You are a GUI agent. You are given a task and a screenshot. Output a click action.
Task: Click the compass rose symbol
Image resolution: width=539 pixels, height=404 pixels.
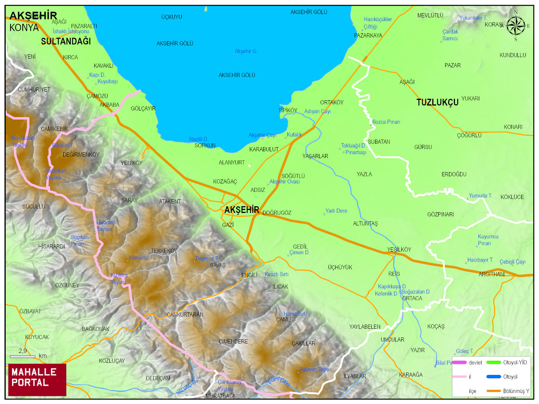[x=516, y=26]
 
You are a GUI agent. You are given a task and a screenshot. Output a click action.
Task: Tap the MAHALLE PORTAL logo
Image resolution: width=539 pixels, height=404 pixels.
[x=37, y=379]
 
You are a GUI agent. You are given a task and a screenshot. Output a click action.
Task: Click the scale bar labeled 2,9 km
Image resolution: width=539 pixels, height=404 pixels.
[x=22, y=356]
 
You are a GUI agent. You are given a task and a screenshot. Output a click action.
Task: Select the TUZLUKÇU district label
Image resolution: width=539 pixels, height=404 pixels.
[x=437, y=103]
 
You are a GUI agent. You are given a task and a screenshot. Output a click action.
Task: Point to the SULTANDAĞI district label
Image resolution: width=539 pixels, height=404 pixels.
[x=66, y=41]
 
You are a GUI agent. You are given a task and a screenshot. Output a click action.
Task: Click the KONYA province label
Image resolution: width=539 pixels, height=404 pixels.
[x=24, y=28]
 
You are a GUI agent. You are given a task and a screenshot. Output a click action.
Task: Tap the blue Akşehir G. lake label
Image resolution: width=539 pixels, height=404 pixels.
[x=246, y=51]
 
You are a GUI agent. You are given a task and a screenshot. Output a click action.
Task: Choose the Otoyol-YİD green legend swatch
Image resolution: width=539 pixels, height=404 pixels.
[x=494, y=362]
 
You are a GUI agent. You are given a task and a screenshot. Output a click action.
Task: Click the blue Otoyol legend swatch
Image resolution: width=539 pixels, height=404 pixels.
[x=494, y=377]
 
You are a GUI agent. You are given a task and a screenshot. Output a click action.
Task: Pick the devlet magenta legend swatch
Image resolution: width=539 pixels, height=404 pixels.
[x=459, y=362]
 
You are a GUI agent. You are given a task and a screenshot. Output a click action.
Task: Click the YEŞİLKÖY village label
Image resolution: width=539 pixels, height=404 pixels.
[x=399, y=250]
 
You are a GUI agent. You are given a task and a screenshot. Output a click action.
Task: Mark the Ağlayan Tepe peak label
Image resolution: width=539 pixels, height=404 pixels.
[x=314, y=369]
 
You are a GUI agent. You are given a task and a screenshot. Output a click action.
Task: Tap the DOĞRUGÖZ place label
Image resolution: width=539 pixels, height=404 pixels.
[x=277, y=213]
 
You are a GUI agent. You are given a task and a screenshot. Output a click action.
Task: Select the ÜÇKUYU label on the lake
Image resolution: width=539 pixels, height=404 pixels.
[x=171, y=17]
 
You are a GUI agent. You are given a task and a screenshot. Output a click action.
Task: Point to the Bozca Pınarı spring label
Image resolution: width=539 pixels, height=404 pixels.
[x=386, y=122]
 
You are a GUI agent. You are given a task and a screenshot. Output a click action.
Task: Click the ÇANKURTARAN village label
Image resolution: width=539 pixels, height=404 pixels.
[x=185, y=315]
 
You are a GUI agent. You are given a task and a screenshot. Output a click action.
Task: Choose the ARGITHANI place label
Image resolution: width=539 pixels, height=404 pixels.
[x=492, y=274]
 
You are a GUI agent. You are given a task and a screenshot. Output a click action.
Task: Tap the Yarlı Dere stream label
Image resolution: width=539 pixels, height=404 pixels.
[x=336, y=211]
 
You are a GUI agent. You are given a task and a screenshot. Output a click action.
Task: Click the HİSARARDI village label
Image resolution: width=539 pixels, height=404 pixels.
[x=51, y=247]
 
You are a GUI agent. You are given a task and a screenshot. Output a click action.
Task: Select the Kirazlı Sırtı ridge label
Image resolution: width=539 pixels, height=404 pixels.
[x=276, y=274]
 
